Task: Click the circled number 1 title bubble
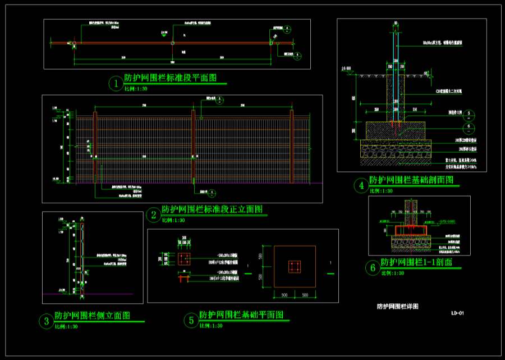click(116, 84)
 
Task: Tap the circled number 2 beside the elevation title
click(153, 215)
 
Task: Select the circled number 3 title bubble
click(45, 321)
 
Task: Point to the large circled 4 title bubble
click(360, 186)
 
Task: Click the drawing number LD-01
click(457, 313)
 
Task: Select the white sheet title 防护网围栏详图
click(397, 307)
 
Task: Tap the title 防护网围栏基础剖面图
click(411, 180)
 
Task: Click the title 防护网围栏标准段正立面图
click(212, 209)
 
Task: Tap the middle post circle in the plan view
click(173, 43)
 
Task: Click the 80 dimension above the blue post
click(396, 23)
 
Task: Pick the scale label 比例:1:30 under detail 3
click(66, 327)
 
